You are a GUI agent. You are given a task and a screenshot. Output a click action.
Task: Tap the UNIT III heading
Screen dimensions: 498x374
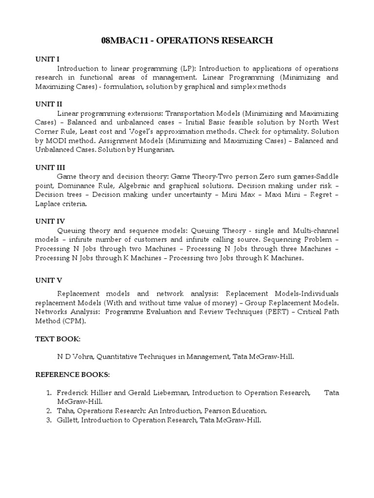[48, 166]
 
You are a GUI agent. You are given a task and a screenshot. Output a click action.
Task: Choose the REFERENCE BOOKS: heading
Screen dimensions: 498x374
[73, 375]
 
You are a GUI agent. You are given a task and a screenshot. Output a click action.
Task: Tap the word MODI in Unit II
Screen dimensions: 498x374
[57, 141]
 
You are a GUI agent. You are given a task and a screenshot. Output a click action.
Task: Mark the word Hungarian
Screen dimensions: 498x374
[156, 150]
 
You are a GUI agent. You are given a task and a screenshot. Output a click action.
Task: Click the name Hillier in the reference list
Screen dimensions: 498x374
[102, 392]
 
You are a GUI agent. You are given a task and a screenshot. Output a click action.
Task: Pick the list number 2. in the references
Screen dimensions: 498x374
[49, 411]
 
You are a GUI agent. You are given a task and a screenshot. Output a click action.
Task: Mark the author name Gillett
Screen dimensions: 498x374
[67, 420]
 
